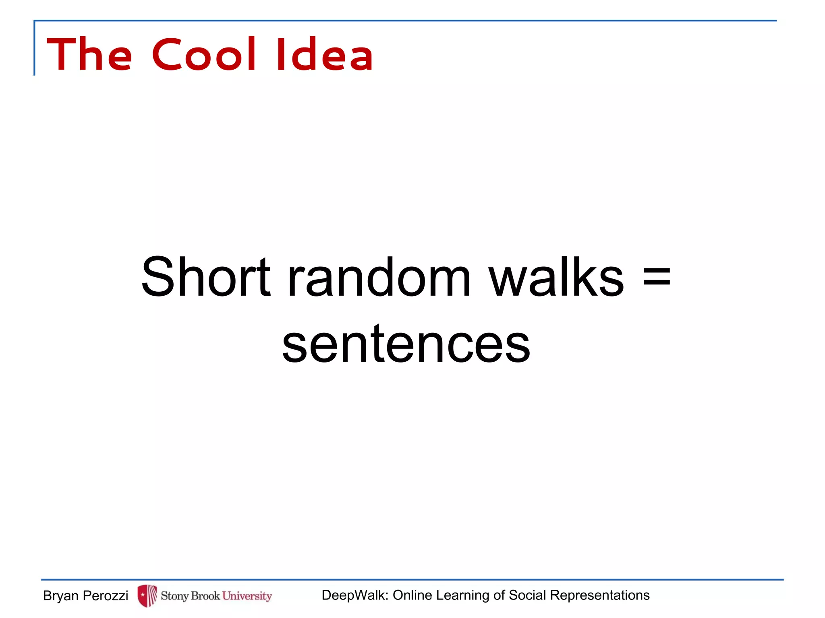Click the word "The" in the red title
pos(89,54)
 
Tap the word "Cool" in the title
pos(204,54)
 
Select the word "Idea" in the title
pos(325,54)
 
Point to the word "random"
pos(379,278)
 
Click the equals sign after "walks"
pos(657,277)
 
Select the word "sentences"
pos(406,344)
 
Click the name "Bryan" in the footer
pos(61,596)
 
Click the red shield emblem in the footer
pos(147,595)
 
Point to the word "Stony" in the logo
pos(175,596)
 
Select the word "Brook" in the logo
pos(205,595)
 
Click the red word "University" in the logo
pos(247,596)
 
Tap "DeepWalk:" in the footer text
pos(355,595)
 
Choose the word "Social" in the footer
pos(528,595)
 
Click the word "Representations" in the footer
pos(600,595)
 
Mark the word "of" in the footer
pos(500,595)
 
